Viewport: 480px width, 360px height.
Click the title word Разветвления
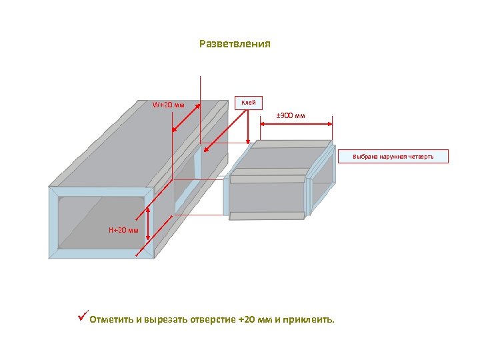tap(235, 45)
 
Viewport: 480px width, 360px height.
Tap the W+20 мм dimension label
tap(168, 105)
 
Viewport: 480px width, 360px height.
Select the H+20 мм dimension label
tap(123, 230)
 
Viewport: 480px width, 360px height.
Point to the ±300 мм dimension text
tap(291, 117)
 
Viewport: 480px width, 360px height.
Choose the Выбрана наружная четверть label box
tap(401, 157)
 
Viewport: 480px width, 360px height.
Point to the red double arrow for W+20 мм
tap(186, 116)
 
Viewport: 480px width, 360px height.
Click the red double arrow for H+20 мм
tap(147, 230)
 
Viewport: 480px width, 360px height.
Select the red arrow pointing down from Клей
tap(248, 127)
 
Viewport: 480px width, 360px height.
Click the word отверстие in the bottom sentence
tap(213, 319)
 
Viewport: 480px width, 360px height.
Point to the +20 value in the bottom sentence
tap(246, 319)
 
